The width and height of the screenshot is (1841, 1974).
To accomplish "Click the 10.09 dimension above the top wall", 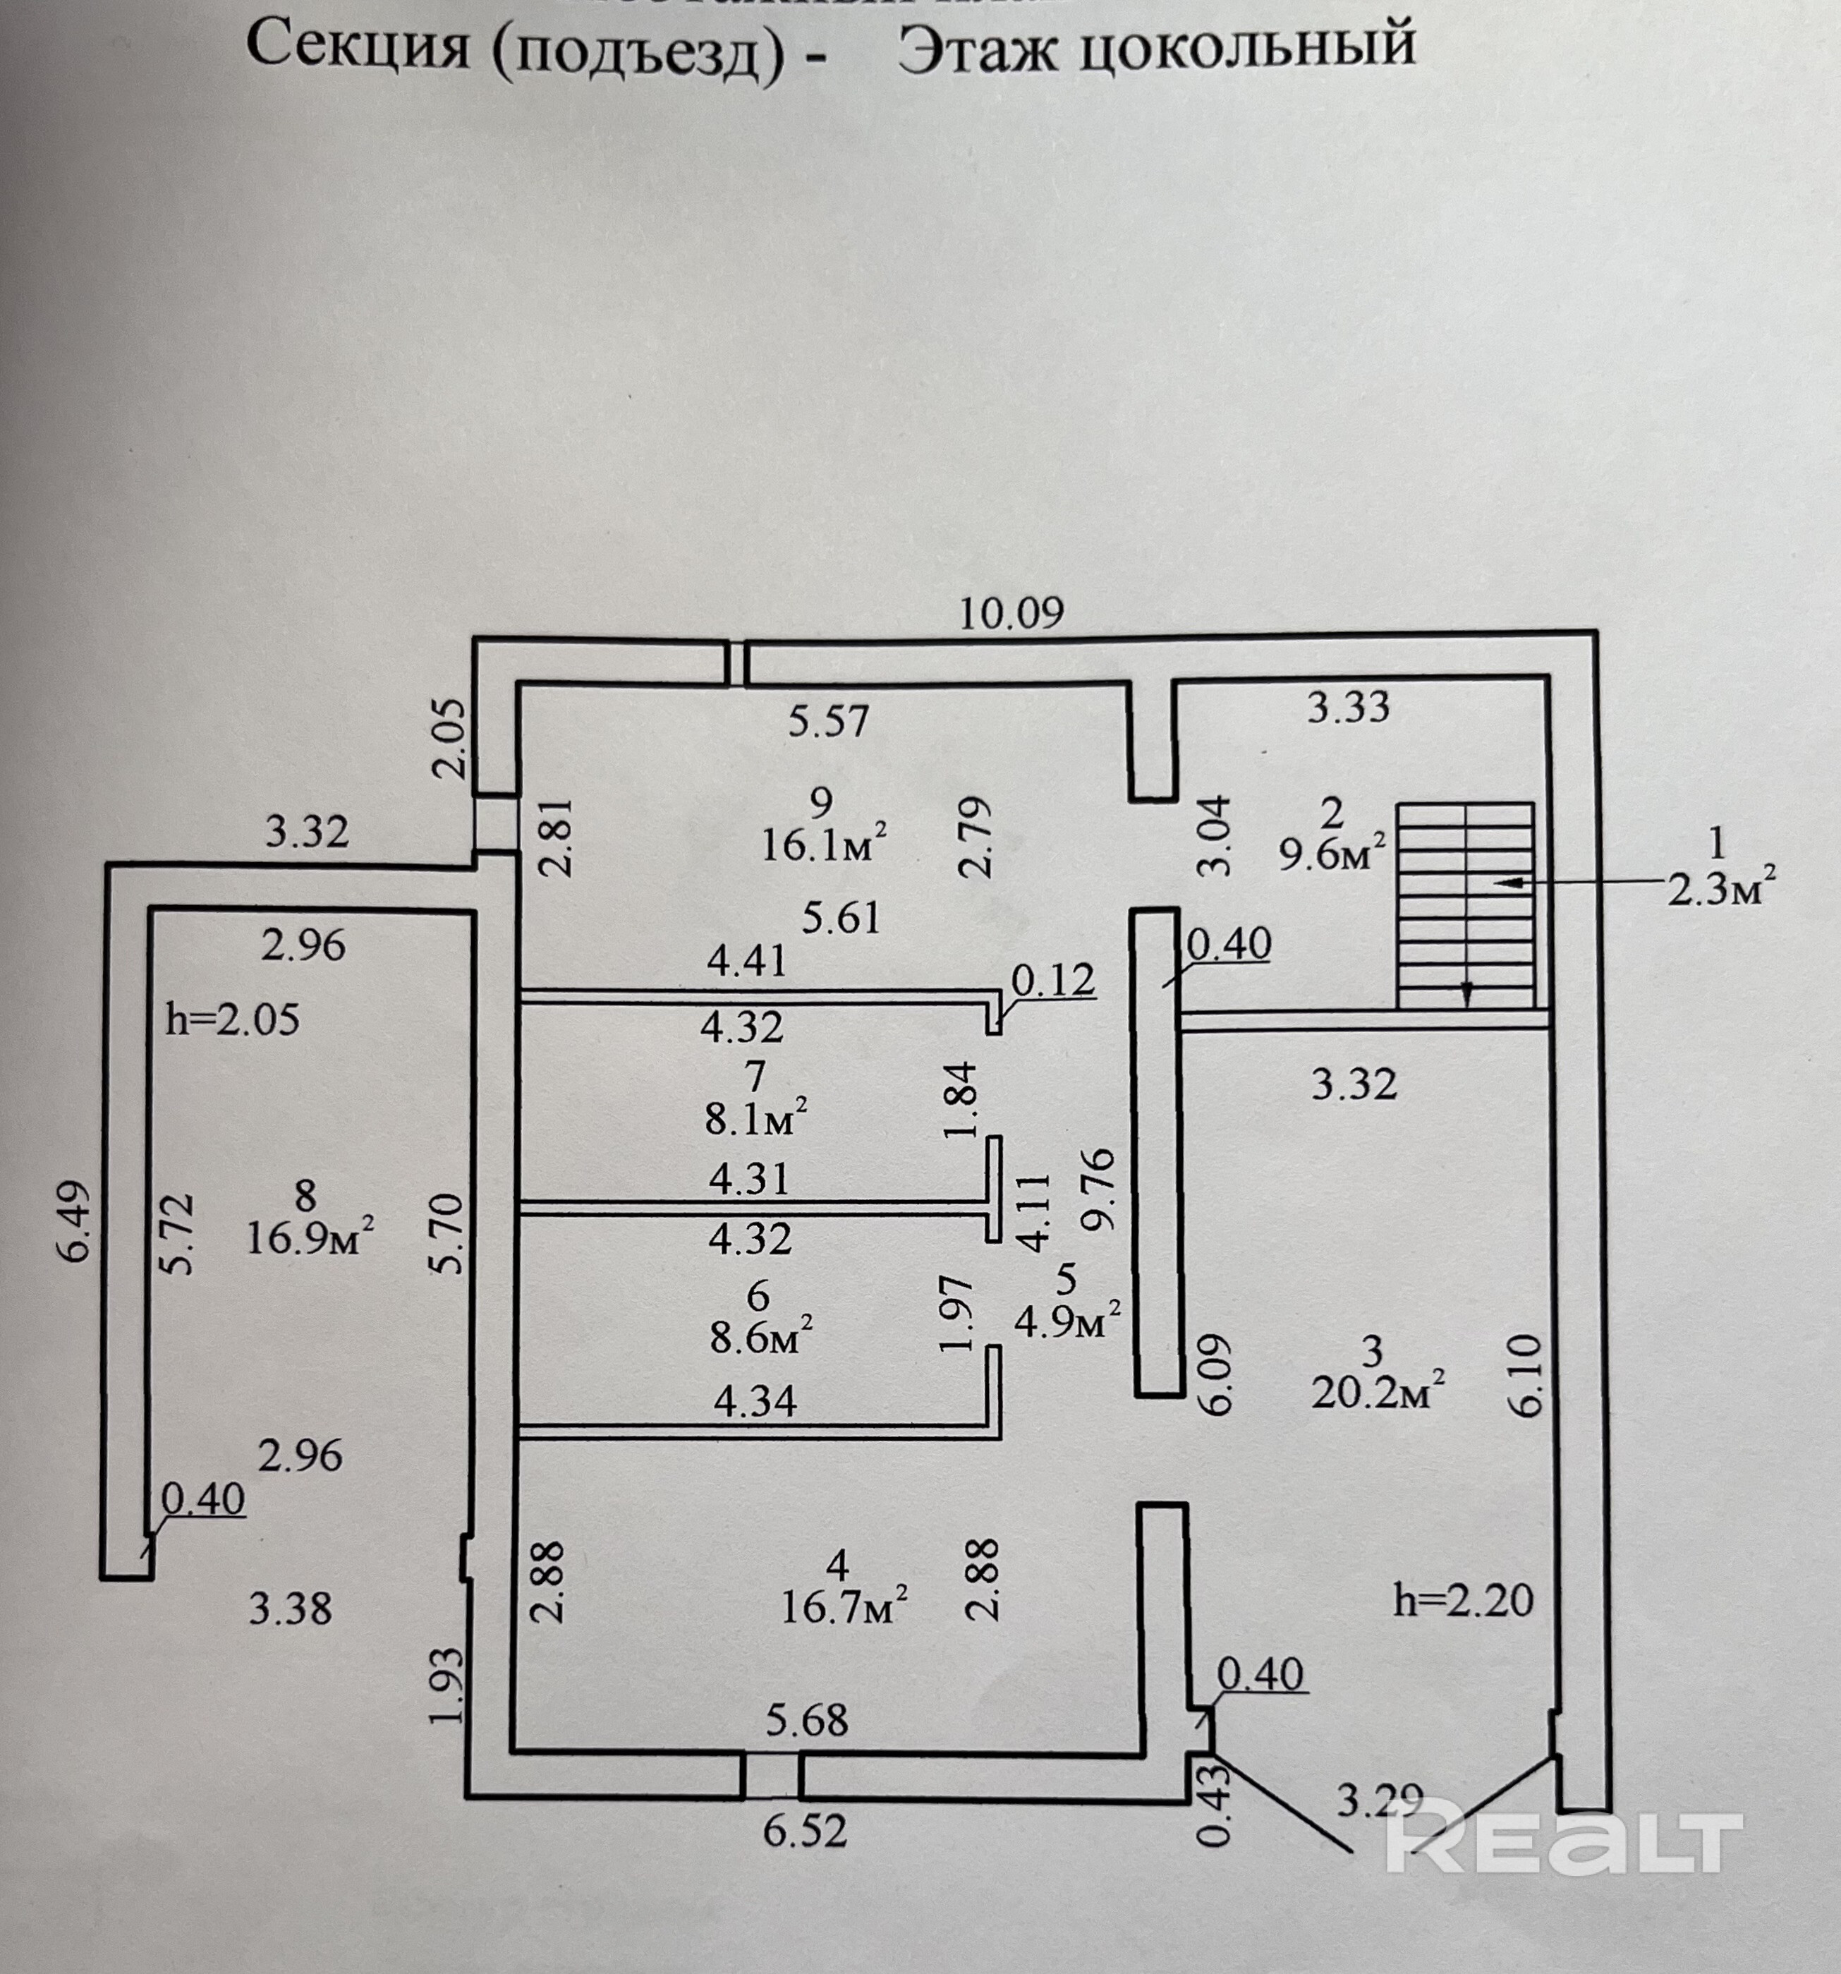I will tap(1010, 612).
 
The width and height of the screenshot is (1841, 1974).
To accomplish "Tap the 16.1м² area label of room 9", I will tap(823, 846).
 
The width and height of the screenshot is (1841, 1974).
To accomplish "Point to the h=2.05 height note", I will tap(232, 1019).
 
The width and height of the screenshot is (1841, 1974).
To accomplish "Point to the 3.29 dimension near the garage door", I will tap(1379, 1800).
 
